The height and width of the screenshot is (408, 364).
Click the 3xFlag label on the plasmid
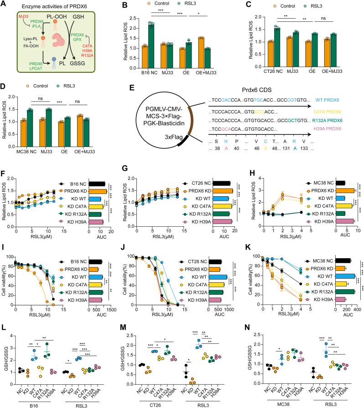[x=168, y=153]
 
